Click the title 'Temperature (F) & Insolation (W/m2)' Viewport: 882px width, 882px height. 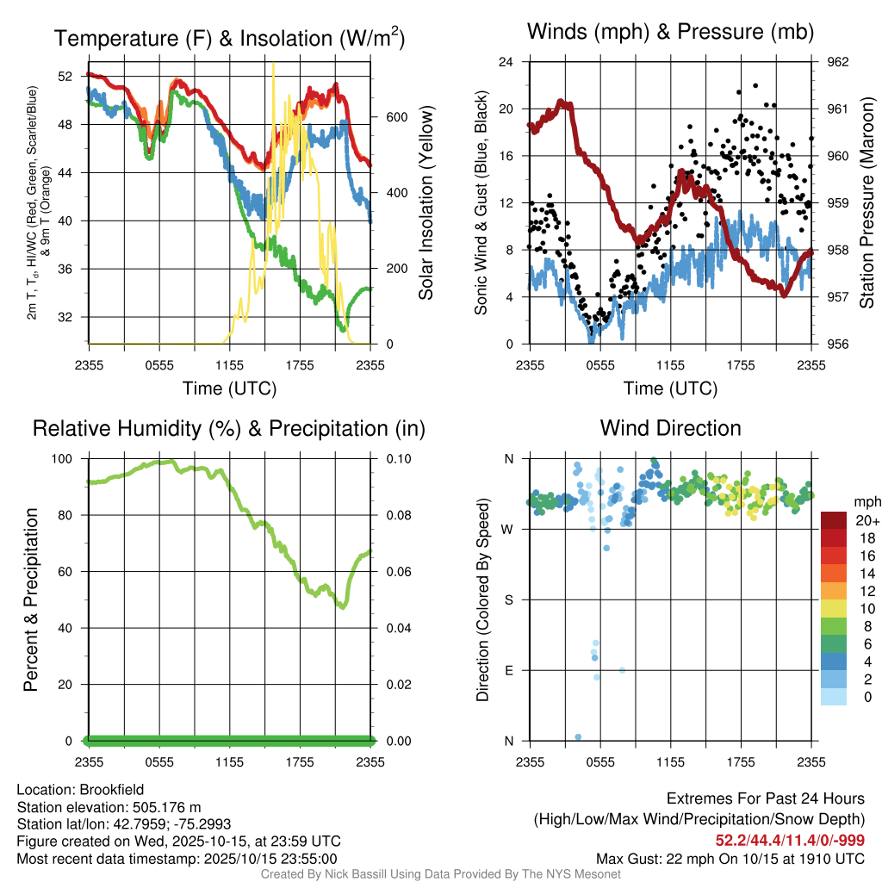[x=229, y=39]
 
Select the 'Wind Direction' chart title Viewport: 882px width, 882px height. [x=670, y=428]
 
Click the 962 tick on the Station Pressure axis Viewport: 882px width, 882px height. [x=837, y=62]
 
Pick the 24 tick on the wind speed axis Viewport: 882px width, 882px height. [x=507, y=62]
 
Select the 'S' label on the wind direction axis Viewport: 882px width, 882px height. [x=508, y=600]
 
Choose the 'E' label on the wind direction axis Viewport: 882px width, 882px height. [x=508, y=671]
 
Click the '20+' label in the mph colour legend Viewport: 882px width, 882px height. [x=866, y=521]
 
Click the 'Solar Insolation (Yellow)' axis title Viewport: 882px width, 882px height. [x=426, y=203]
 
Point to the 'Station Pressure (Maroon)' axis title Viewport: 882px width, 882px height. [x=867, y=203]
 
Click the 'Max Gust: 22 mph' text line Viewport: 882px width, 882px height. [x=730, y=859]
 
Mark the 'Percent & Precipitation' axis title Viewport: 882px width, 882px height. [x=31, y=599]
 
